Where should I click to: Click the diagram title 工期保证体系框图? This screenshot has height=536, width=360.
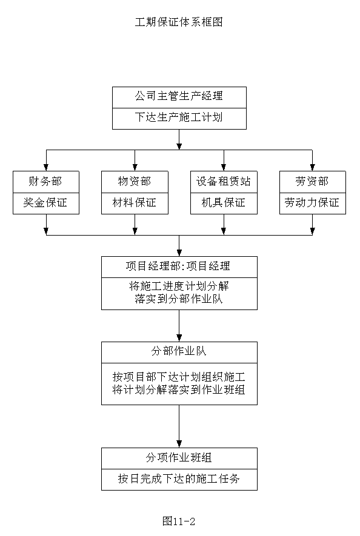pyautogui.click(x=179, y=22)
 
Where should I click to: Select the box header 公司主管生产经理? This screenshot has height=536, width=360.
pyautogui.click(x=179, y=96)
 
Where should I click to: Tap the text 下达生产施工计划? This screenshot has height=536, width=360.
pyautogui.click(x=179, y=117)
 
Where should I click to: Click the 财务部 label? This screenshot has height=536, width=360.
pyautogui.click(x=45, y=181)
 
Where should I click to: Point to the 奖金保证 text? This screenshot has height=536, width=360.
pyautogui.click(x=45, y=202)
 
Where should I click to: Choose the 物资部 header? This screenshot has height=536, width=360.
pyautogui.click(x=135, y=181)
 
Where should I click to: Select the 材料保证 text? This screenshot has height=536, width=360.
pyautogui.click(x=135, y=202)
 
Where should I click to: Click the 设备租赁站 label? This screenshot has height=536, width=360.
pyautogui.click(x=224, y=181)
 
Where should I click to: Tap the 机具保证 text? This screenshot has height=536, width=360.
pyautogui.click(x=224, y=202)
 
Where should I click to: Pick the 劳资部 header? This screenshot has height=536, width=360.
pyautogui.click(x=312, y=181)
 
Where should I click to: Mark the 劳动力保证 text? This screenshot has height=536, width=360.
pyautogui.click(x=312, y=202)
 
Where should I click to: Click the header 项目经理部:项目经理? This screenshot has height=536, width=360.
pyautogui.click(x=178, y=266)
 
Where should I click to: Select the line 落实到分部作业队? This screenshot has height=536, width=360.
pyautogui.click(x=179, y=299)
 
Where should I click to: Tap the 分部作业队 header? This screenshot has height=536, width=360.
pyautogui.click(x=179, y=351)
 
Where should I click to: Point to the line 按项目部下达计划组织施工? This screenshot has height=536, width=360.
pyautogui.click(x=179, y=377)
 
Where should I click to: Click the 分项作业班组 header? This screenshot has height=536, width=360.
pyautogui.click(x=179, y=457)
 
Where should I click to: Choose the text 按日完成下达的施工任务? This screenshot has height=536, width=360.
pyautogui.click(x=179, y=478)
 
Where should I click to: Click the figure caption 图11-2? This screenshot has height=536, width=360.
pyautogui.click(x=179, y=521)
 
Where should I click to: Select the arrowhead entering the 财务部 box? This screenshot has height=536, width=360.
pyautogui.click(x=46, y=168)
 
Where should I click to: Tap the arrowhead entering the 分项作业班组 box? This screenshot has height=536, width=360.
pyautogui.click(x=179, y=444)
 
